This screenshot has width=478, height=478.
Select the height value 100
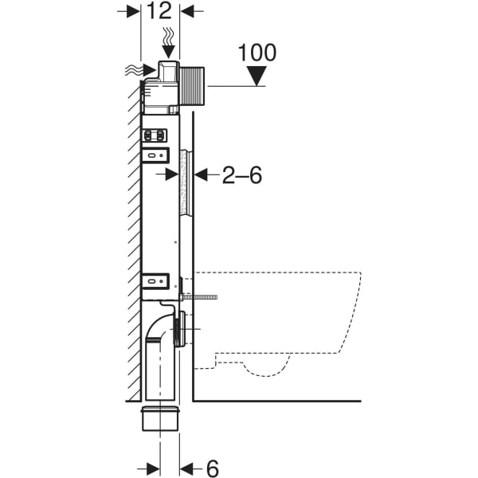(x=257, y=53)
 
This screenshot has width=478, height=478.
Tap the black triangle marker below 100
(x=257, y=76)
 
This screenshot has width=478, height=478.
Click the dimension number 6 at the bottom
(x=212, y=468)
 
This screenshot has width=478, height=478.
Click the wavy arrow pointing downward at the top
(x=167, y=41)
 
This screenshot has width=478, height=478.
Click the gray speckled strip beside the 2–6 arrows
(x=186, y=182)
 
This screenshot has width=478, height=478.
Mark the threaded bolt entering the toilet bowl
(x=205, y=296)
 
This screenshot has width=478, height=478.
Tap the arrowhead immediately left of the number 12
(x=133, y=12)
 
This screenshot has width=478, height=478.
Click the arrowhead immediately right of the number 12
(x=188, y=12)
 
